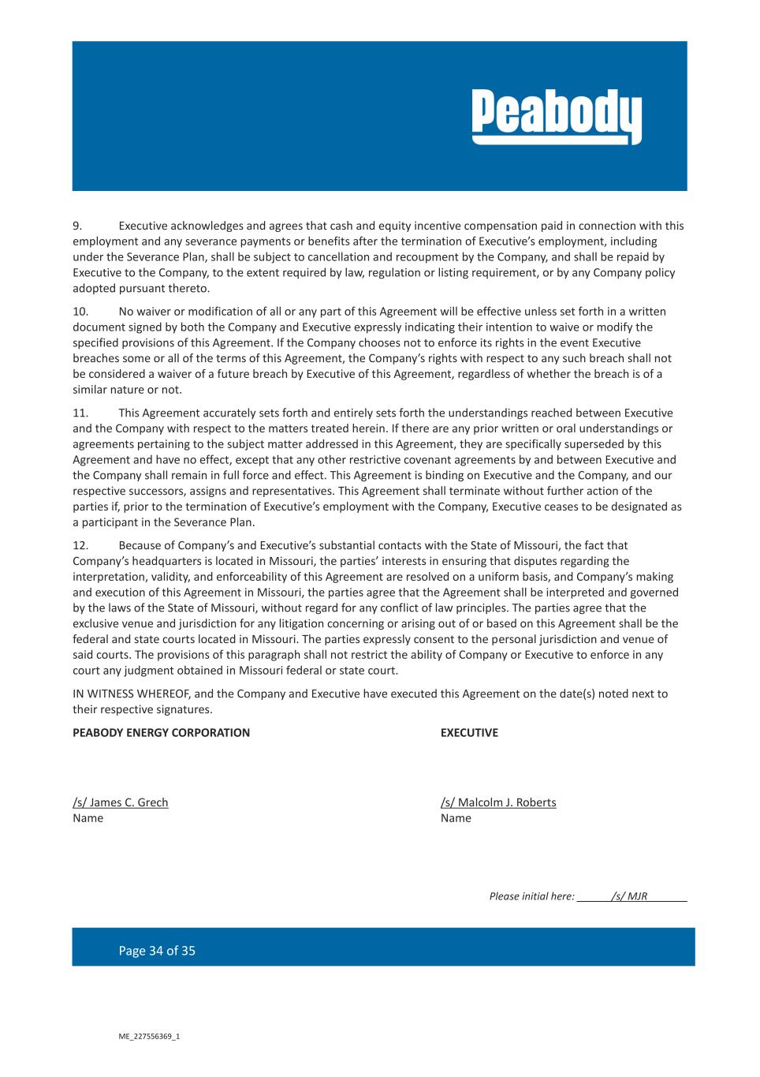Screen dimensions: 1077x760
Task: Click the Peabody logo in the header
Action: coord(557,117)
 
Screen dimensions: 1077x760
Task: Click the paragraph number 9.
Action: coord(77,226)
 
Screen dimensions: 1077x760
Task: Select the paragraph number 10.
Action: coord(80,312)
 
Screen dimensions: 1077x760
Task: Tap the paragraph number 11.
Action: coord(80,413)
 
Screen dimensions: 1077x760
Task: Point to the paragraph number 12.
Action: coord(80,545)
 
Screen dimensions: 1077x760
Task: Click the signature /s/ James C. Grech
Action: coord(121,802)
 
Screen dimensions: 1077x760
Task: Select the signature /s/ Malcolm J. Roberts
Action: coord(498,802)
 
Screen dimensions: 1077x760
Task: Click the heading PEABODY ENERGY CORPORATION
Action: coord(161,733)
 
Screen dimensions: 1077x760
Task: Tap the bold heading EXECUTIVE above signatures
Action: coord(469,733)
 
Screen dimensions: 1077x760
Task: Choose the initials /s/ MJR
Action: coord(629,896)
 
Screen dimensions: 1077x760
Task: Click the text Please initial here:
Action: coord(531,896)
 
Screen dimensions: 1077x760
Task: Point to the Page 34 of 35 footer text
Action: coord(157,951)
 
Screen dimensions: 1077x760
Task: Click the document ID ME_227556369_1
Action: coord(149,1037)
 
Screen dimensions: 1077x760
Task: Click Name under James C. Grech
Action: coord(88,818)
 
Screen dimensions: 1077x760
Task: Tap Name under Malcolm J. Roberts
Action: coord(456,818)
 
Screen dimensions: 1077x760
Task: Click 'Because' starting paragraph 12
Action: coord(140,545)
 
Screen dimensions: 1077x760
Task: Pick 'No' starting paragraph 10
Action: coord(126,312)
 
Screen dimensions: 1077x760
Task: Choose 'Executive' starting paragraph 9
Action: coord(143,226)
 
